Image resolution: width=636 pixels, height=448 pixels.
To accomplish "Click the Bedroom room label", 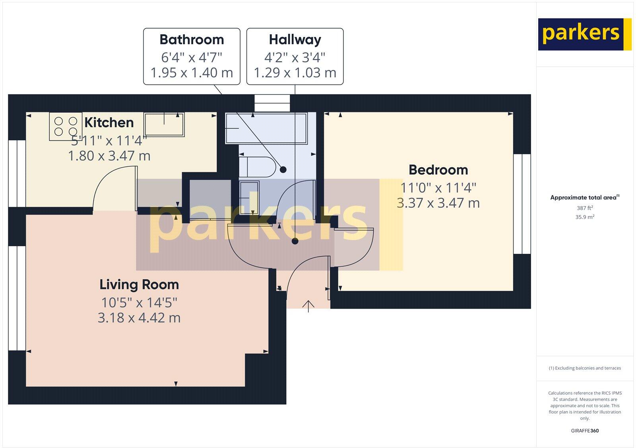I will coord(438,170).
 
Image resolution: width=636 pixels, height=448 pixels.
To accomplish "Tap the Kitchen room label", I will coord(109,122).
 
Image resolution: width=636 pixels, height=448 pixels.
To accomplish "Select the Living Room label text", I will coord(139,285).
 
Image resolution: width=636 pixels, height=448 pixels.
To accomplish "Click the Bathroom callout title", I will coord(192,40).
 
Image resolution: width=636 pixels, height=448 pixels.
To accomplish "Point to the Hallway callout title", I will coord(295,40).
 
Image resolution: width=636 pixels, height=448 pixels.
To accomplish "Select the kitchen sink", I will coord(164,124).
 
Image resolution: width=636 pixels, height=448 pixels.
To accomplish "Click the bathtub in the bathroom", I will coord(266,128).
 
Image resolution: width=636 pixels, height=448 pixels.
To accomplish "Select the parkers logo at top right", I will coord(584,34).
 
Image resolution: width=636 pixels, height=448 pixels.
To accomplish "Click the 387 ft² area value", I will coord(585,208).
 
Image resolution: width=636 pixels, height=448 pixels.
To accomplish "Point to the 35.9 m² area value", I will coord(585,217).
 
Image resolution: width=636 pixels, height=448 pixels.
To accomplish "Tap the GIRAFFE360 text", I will coord(585,431).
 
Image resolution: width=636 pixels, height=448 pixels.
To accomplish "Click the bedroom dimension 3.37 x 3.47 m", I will coord(438,203).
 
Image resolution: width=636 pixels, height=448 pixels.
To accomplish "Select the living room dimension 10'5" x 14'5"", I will coord(139,303).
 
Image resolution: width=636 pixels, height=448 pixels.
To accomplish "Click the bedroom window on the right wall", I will coord(522,204).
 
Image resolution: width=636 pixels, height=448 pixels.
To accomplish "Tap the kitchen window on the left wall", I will coord(17,173).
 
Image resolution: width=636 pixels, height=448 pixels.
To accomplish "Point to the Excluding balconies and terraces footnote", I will coord(585,368).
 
